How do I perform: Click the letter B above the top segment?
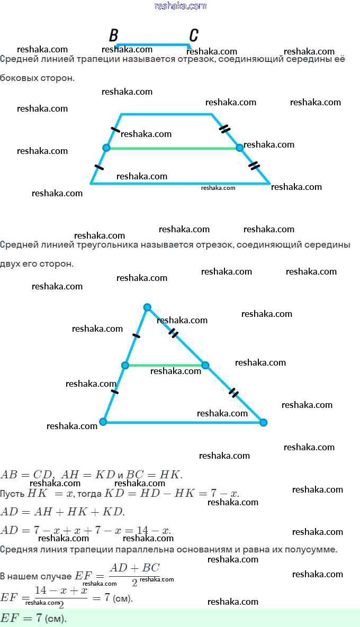coord(113,35)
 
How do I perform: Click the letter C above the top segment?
coord(194,35)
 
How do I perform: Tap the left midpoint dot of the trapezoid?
coord(106,148)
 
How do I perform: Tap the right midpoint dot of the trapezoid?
coord(239,148)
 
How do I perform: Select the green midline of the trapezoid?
coord(173,148)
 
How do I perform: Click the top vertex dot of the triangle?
coord(147,307)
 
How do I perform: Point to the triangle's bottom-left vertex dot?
coord(103,422)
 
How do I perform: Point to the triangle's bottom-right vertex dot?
coord(263,422)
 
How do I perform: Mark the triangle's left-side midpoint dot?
coord(125,365)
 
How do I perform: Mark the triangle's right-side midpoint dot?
coord(205,365)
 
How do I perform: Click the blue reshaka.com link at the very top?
coord(180,6)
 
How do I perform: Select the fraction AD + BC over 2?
coord(134,574)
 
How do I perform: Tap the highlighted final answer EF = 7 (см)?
coord(34,617)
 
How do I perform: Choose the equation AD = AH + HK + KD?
coord(62,512)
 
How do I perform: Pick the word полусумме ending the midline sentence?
coord(313,550)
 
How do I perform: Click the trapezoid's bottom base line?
coord(180,184)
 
